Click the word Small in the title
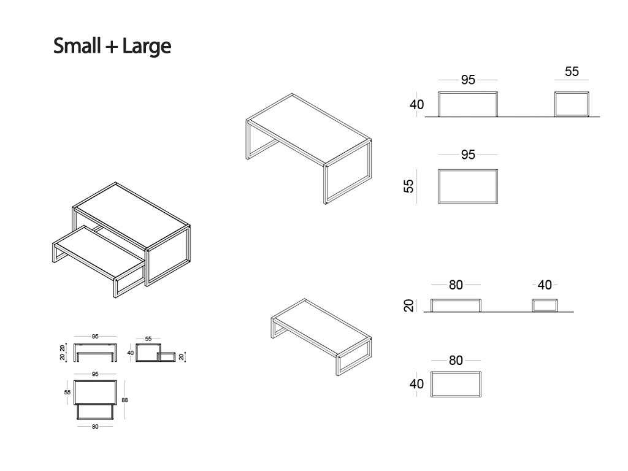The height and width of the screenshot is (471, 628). (77, 45)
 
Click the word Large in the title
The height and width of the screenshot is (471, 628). (147, 47)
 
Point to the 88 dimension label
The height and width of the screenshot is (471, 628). (125, 400)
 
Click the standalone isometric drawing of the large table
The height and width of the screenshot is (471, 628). (308, 149)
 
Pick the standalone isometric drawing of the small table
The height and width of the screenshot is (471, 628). (321, 337)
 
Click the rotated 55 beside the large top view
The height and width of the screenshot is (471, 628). (408, 186)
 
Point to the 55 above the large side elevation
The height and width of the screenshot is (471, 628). (572, 71)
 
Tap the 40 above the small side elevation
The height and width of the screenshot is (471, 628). (545, 285)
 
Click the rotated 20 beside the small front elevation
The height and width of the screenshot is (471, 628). (408, 305)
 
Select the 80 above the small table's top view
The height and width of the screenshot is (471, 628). (456, 361)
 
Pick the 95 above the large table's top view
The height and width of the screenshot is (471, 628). (468, 155)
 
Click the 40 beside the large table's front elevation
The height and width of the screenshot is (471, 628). (416, 104)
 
